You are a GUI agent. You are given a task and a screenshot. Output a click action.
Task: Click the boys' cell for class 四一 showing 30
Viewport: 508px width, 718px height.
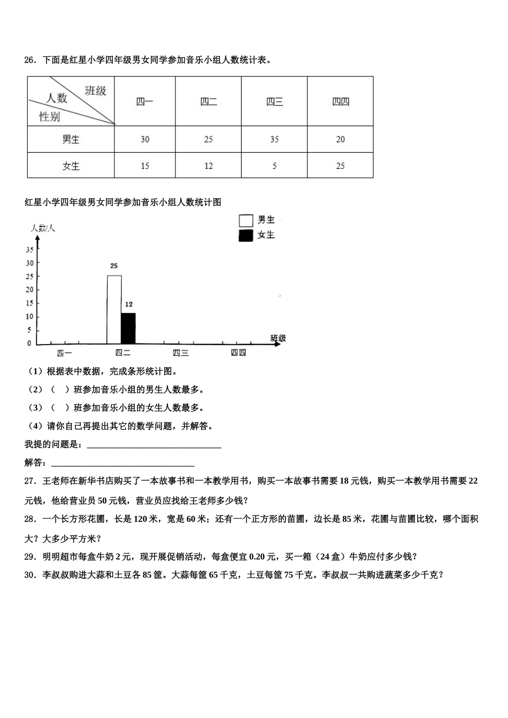tap(145, 139)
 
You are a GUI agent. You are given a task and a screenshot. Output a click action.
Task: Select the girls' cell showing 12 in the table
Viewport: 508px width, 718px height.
tap(209, 166)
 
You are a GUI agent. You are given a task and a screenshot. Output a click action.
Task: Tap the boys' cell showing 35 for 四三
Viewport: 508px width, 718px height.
tap(274, 139)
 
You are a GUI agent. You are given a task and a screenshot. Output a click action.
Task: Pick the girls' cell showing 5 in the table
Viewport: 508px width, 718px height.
tap(274, 166)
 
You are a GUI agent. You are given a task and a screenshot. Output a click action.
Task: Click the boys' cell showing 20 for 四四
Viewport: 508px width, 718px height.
tap(341, 139)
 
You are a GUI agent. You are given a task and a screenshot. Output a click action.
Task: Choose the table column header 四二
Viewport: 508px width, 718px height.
tap(209, 102)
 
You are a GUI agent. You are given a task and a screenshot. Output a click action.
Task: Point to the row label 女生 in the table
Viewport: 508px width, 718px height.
tap(71, 166)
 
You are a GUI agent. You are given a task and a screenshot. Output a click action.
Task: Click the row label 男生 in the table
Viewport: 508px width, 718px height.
tap(71, 139)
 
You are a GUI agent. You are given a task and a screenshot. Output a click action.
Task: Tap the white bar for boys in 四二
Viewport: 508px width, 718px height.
tap(114, 309)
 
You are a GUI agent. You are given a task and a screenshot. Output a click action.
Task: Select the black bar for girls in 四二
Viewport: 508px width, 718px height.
tap(128, 328)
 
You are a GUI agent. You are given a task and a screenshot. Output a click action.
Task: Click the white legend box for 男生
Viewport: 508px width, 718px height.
tap(246, 220)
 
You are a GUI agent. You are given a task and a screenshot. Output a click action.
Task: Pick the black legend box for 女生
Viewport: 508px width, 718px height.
tap(246, 235)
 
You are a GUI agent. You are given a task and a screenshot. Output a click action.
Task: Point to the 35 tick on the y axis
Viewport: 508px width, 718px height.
tap(30, 249)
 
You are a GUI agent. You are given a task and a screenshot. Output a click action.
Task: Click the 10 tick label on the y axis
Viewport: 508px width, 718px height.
tap(30, 317)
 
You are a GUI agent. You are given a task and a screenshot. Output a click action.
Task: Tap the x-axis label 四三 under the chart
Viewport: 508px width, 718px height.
tap(181, 353)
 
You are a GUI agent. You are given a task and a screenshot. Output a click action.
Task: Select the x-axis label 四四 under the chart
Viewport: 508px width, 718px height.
tap(238, 353)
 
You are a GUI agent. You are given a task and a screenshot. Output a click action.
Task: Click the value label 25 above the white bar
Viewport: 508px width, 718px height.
tap(114, 266)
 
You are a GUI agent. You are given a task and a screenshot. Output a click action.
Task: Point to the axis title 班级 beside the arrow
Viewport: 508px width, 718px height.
tap(278, 338)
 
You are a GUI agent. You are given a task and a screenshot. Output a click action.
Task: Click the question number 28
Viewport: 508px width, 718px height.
tap(30, 519)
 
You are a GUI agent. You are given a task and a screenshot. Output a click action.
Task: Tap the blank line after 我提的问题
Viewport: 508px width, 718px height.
tap(154, 445)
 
